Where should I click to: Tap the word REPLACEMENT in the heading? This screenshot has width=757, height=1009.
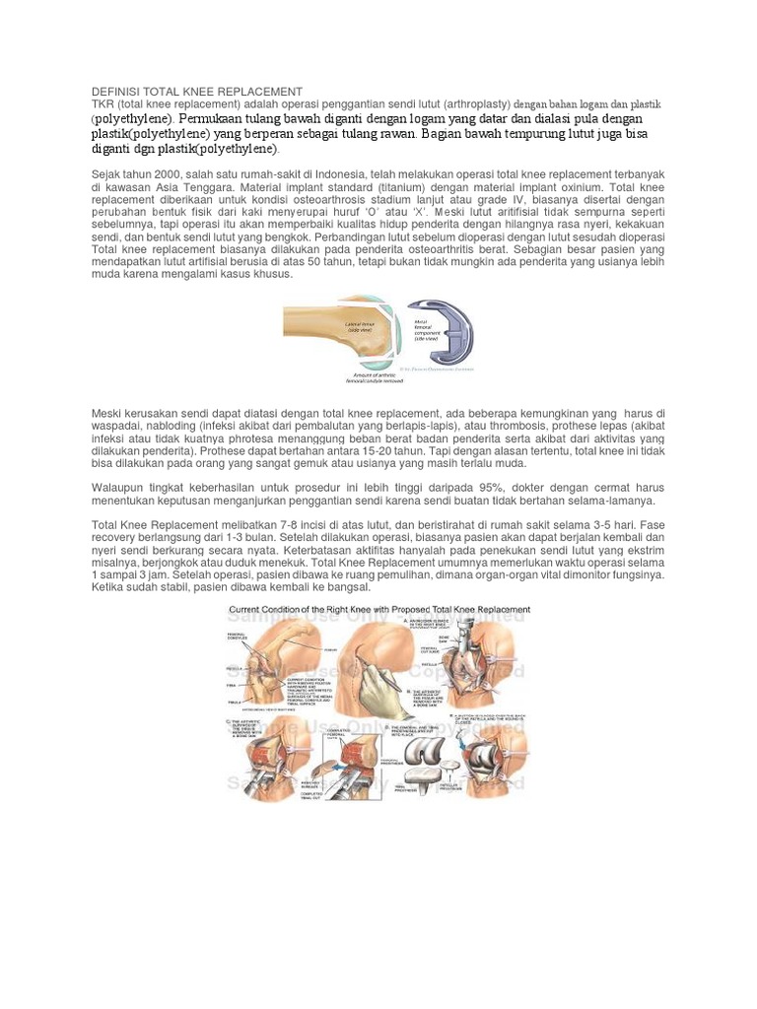[x=258, y=92]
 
